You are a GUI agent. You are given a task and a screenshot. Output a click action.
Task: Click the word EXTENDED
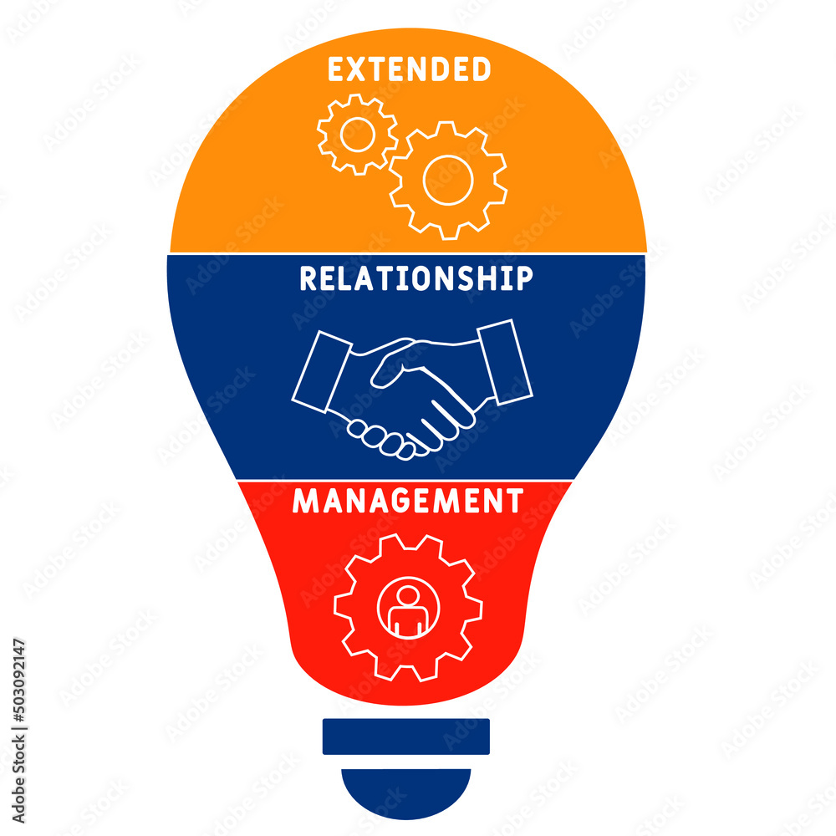(409, 70)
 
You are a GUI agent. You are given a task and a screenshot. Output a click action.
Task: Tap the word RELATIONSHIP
(416, 278)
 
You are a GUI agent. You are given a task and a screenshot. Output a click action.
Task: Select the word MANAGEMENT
(408, 501)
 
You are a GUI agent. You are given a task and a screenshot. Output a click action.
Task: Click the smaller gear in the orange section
(357, 134)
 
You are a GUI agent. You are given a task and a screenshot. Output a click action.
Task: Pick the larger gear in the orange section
(448, 180)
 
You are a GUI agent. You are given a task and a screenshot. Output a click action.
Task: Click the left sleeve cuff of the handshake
(321, 370)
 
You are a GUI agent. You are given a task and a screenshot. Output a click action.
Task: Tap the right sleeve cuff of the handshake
(504, 360)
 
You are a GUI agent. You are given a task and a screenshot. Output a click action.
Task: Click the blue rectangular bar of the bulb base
(406, 736)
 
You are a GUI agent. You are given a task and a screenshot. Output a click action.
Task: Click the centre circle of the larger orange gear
(448, 180)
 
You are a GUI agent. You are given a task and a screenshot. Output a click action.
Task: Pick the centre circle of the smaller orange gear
(357, 134)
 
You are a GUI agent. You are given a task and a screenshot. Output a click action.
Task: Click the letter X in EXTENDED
(350, 70)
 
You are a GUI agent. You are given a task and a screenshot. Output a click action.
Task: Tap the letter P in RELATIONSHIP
(523, 278)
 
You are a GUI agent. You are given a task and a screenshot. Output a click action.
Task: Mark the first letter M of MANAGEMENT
(304, 501)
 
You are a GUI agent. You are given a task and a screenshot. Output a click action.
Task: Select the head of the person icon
(408, 595)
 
